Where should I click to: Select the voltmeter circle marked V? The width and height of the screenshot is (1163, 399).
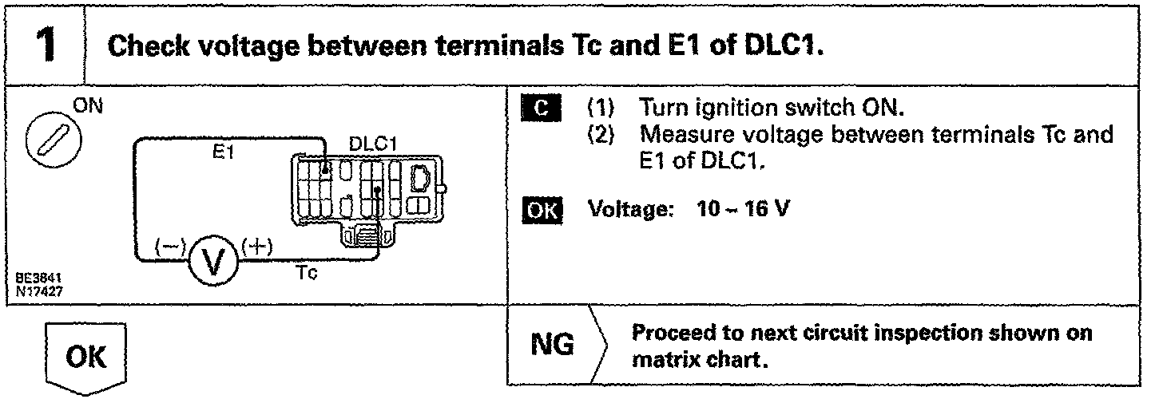click(x=210, y=260)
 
